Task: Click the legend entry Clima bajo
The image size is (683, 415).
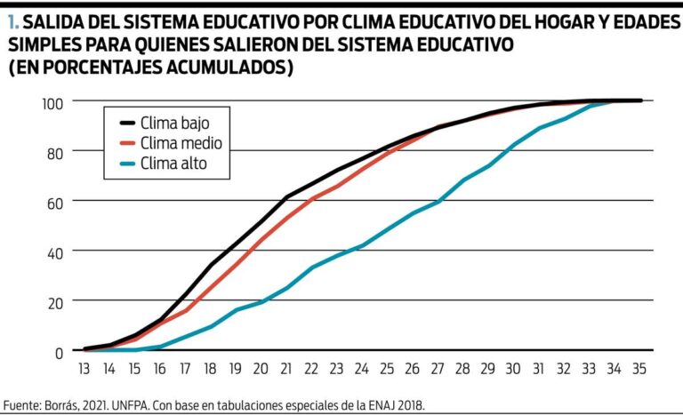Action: point(177,123)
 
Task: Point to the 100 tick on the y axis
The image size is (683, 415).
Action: point(52,102)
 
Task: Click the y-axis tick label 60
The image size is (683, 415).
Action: point(55,202)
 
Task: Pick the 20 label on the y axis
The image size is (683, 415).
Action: point(55,302)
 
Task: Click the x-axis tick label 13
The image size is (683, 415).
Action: point(85,368)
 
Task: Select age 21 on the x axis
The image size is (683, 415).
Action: point(286,368)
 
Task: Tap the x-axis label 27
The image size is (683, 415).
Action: point(437,368)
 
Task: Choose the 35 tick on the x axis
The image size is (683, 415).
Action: point(638,368)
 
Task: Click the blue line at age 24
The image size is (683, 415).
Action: point(362,245)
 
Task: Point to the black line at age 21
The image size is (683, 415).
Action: point(286,196)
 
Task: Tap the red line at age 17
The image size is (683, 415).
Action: point(186,310)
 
